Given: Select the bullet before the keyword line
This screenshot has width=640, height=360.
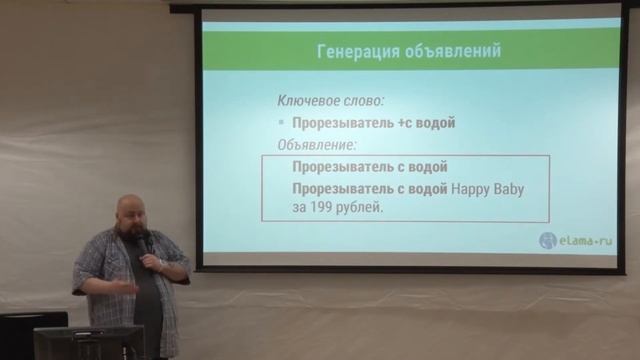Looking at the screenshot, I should pos(283,123).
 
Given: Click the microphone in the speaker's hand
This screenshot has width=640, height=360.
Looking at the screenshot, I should pos(146,243).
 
